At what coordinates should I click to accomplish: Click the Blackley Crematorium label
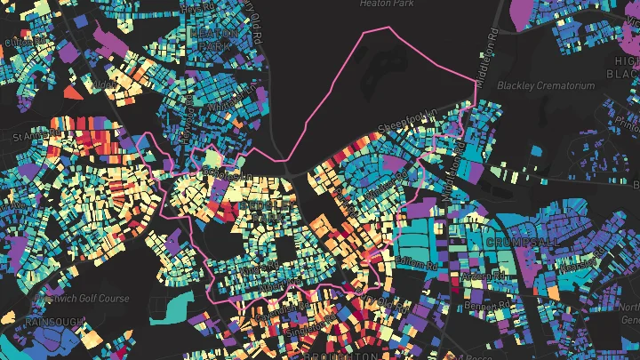pyautogui.click(x=545, y=86)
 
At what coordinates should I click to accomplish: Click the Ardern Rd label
pyautogui.click(x=480, y=276)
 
